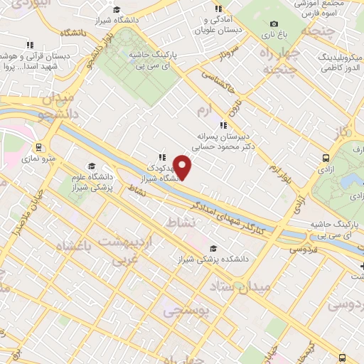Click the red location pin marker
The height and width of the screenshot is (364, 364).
point(183,167)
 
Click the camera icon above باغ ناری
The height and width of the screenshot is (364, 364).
point(271,23)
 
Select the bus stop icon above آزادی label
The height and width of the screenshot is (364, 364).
point(326,158)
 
